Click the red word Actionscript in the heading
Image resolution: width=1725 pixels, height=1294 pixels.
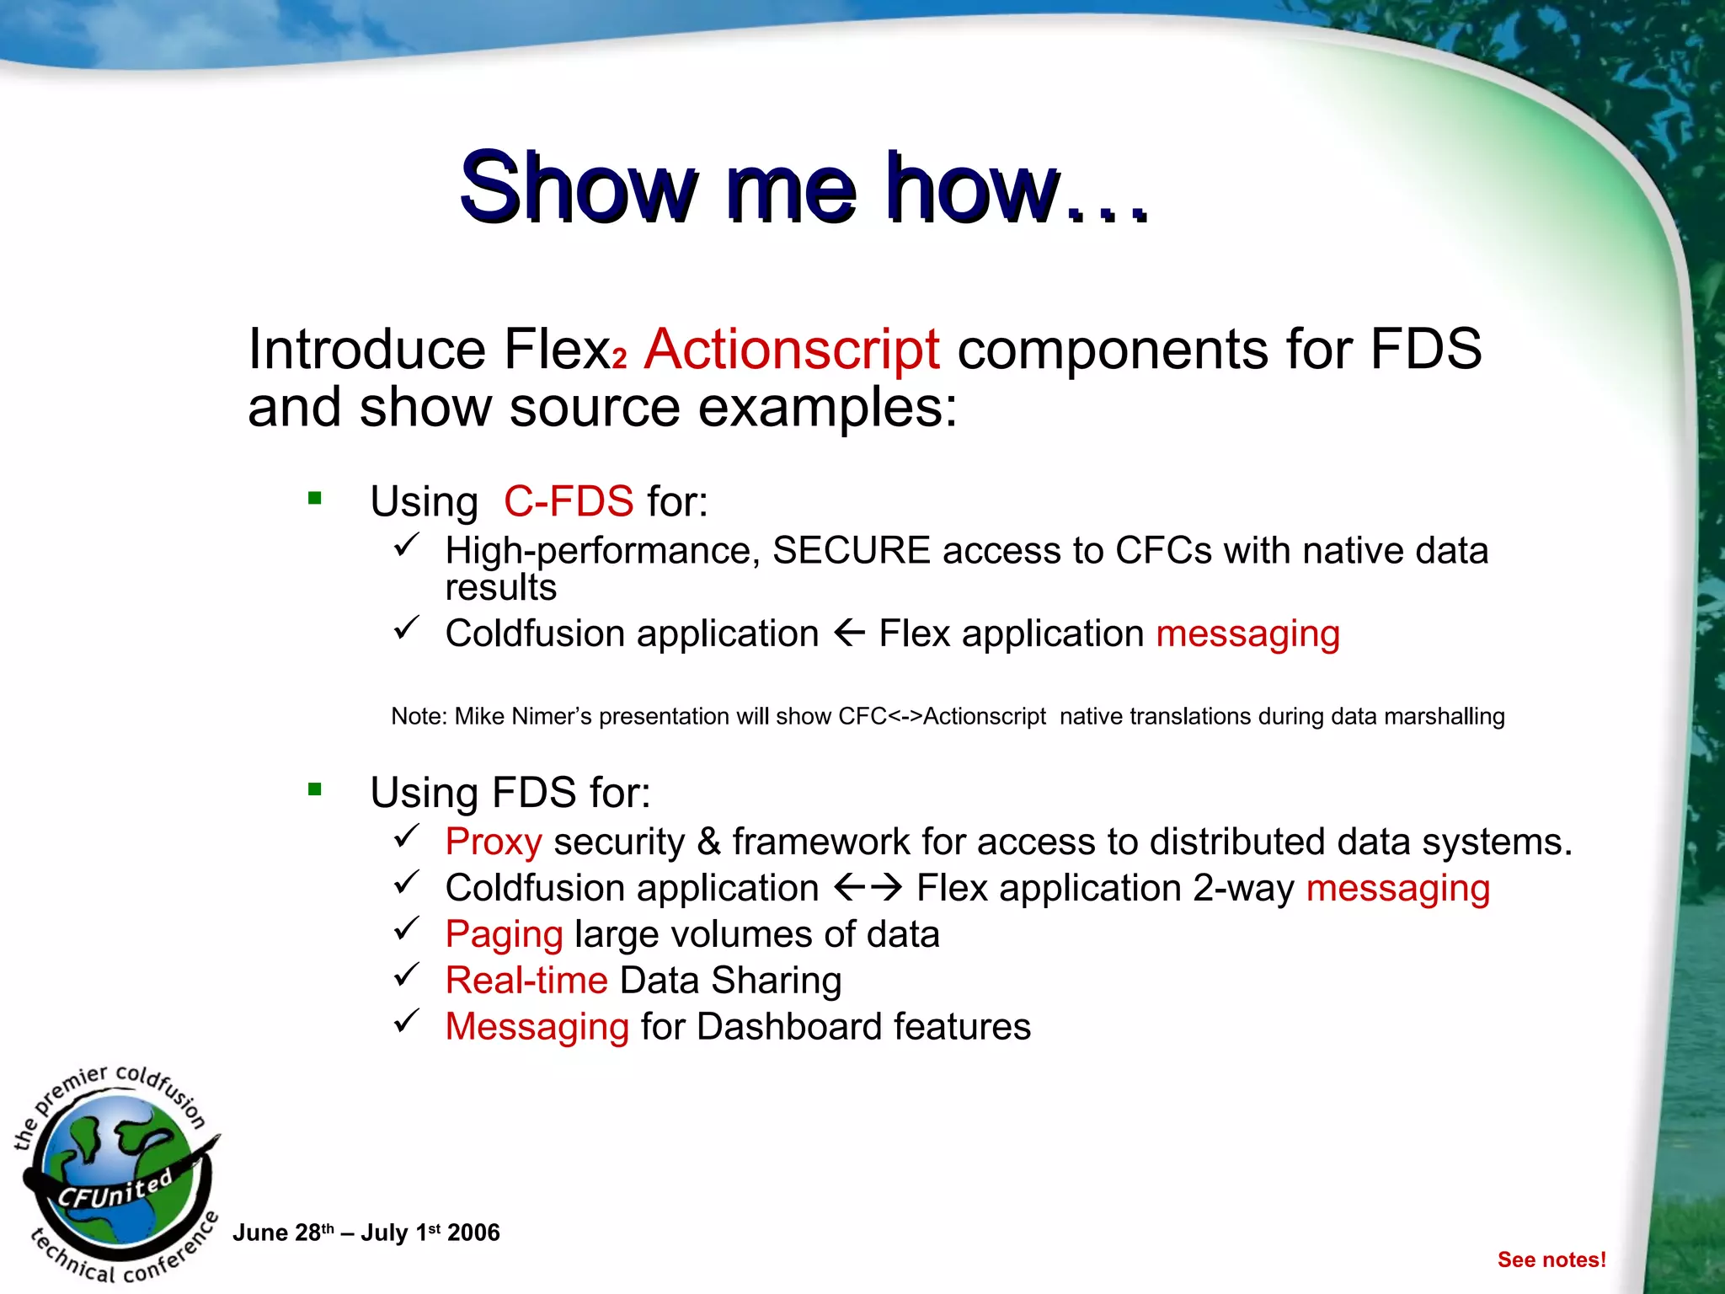coord(792,349)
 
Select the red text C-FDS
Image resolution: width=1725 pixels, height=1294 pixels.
coord(569,501)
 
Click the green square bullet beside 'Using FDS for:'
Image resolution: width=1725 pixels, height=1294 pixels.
coord(315,789)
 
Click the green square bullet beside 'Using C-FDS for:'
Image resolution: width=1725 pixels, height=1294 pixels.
coord(315,498)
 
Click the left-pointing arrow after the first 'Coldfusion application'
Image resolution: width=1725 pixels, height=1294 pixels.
coord(849,632)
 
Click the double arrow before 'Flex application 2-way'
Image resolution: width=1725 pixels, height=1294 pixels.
coord(868,887)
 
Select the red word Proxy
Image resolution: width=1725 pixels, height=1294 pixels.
coord(494,842)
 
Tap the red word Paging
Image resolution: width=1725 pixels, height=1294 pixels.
coord(504,934)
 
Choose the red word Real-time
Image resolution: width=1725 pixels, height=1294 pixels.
coord(526,981)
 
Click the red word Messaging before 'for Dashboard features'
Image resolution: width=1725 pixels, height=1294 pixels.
coord(537,1027)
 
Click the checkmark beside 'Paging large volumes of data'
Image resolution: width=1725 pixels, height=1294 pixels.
coord(406,929)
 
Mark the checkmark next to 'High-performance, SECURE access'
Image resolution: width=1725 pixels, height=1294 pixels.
coord(406,545)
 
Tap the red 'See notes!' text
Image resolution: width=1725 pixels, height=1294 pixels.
coord(1551,1259)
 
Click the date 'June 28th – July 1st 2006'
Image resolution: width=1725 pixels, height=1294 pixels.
coord(366,1233)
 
